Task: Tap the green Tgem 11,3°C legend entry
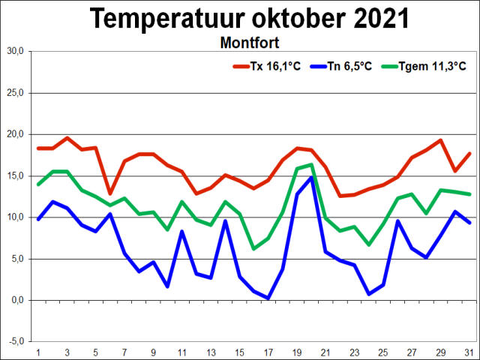424,66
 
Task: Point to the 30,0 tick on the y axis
16,52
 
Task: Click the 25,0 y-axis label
16,93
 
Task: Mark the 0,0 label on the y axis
17,300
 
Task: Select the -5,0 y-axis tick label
16,341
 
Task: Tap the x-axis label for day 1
38,351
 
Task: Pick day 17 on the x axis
268,351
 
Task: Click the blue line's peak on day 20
311,178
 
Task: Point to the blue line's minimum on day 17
268,298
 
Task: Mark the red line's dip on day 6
110,193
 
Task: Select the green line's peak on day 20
311,165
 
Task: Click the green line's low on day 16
253,248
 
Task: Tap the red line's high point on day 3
67,138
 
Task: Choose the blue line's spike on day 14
225,220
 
